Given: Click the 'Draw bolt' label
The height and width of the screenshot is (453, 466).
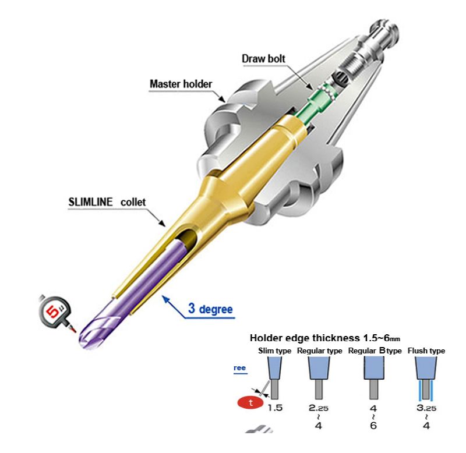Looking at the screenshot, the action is point(264,59).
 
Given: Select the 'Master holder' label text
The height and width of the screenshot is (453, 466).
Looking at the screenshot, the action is point(181,84).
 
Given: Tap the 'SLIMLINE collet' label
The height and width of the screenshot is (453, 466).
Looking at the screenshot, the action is point(107,202).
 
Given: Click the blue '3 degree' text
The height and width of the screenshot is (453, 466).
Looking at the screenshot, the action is point(210,309).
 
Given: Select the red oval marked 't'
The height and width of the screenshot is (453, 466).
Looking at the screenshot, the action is point(250,403).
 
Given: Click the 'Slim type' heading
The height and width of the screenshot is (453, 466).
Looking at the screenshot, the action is point(274,351).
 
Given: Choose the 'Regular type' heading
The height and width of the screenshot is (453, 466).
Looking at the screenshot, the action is point(319,351).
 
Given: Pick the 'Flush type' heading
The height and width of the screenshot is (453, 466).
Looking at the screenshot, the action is point(426,351).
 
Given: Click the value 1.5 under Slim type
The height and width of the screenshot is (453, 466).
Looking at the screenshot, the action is point(275,408).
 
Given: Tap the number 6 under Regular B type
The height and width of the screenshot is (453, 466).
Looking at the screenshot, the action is point(373,426).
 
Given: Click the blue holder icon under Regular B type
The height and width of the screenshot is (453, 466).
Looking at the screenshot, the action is point(374,368).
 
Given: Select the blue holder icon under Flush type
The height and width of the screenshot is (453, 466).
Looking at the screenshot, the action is point(426,368).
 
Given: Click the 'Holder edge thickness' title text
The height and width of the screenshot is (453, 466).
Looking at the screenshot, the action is point(305,338).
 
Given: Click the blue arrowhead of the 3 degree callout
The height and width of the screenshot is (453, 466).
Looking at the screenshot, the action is point(165,299).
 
